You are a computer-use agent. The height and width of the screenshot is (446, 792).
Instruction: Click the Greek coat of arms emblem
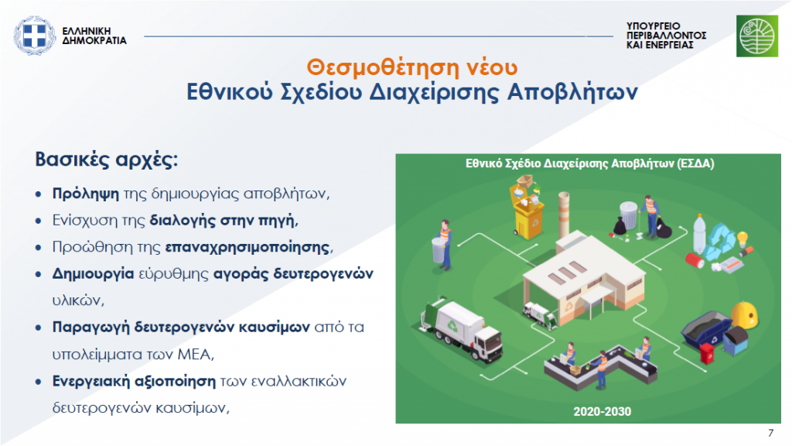(x=34, y=36)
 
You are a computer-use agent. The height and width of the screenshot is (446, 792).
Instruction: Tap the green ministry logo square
(x=756, y=36)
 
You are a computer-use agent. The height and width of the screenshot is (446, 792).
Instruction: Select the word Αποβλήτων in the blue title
(x=572, y=92)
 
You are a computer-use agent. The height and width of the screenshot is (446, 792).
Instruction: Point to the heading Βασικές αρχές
(x=107, y=160)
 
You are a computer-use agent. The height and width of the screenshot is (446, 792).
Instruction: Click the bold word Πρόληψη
(x=85, y=194)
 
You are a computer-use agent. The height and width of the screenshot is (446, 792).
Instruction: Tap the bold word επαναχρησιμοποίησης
(x=247, y=247)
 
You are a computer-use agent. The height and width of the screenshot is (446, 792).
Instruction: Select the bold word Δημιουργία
(x=93, y=274)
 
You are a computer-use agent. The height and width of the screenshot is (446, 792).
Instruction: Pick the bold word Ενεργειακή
(x=91, y=381)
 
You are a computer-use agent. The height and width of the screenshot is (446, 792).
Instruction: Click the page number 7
(x=770, y=433)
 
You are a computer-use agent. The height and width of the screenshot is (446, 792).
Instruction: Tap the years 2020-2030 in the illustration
(x=602, y=412)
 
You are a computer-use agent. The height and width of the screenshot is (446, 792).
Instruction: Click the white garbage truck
(x=461, y=329)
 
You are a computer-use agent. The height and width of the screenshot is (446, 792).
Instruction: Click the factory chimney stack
(x=564, y=217)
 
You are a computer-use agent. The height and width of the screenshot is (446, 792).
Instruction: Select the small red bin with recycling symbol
(x=707, y=353)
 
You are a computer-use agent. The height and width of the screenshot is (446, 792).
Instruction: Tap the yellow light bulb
(x=742, y=239)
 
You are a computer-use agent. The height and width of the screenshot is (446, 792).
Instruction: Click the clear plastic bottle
(x=698, y=235)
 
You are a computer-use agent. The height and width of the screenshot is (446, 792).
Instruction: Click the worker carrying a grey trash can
(x=442, y=245)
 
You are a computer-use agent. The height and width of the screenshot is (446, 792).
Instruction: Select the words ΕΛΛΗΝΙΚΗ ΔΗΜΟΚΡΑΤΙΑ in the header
(x=94, y=36)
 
